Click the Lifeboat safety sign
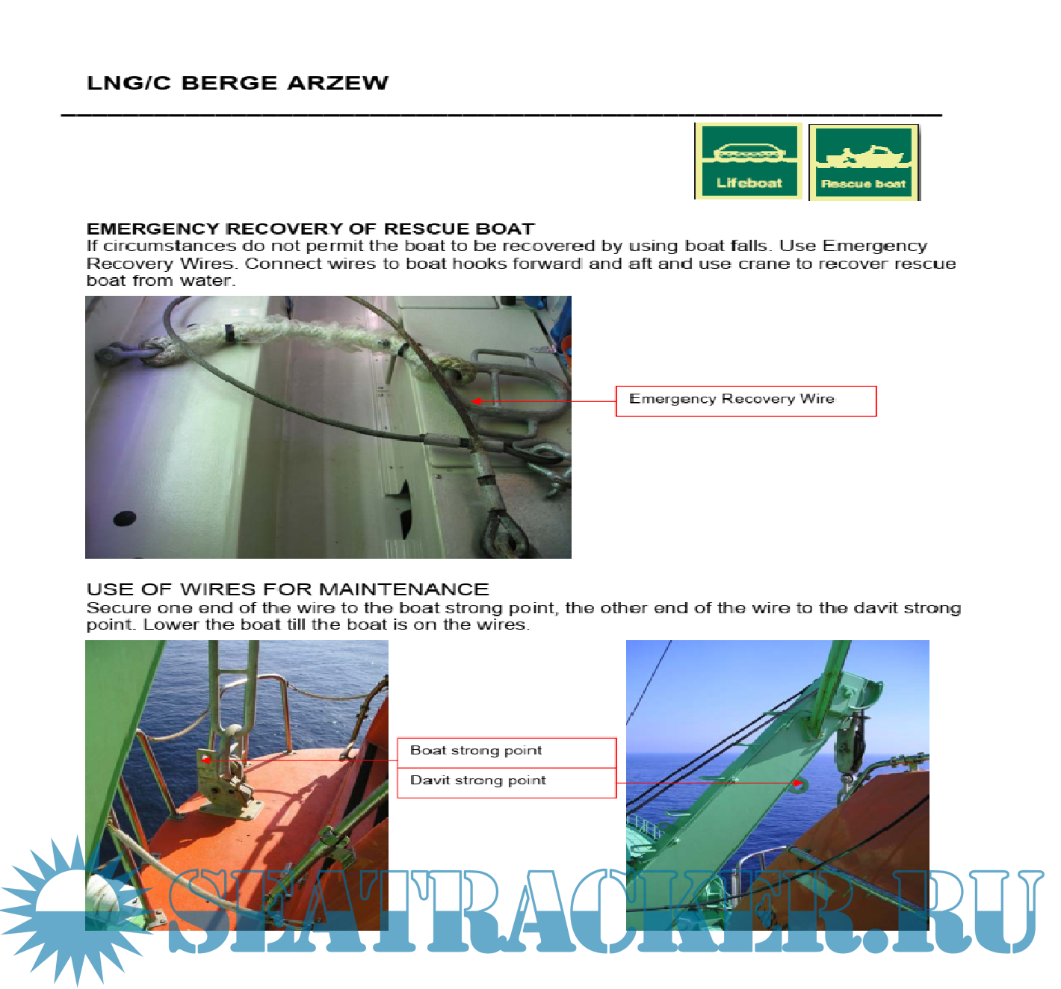pos(748,161)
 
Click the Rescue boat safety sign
pos(864,162)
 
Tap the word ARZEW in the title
pos(338,83)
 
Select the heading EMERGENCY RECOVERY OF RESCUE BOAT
pos(310,229)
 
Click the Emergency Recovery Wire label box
pos(746,400)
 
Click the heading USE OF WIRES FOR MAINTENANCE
pos(288,589)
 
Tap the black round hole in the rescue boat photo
pos(125,518)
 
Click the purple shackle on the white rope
pos(115,353)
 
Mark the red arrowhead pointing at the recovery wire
pos(476,400)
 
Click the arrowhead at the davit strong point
pos(798,783)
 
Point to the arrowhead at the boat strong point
pos(205,760)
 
